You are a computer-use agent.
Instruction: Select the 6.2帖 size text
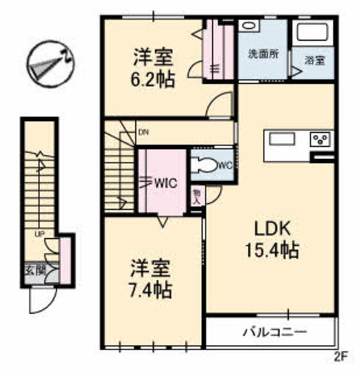(154, 78)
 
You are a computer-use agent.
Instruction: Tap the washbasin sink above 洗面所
(250, 25)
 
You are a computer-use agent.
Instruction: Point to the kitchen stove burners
(321, 139)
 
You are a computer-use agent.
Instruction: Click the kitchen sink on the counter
(283, 139)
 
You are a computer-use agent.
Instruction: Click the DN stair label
(143, 134)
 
